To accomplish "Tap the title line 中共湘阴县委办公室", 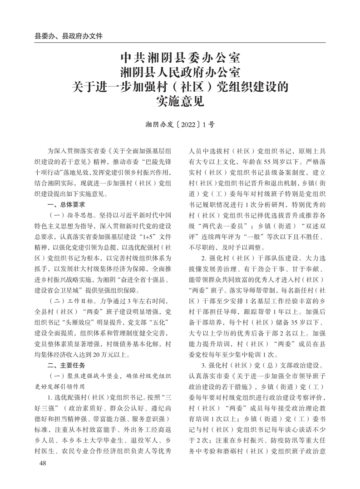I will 180,59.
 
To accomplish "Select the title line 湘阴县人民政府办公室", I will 180,72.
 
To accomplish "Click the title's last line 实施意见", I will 180,100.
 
